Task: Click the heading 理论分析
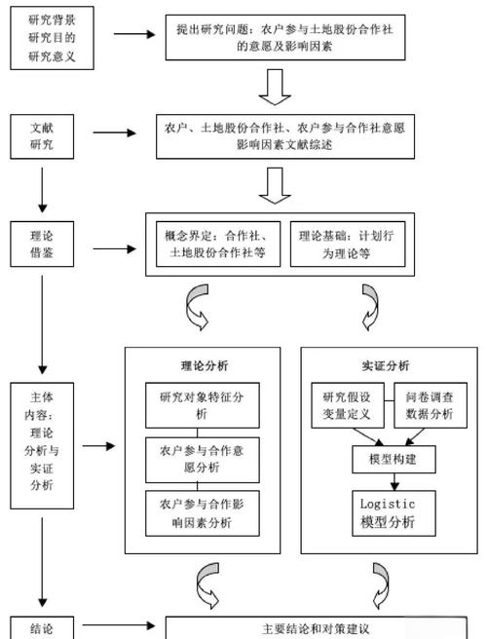(x=204, y=366)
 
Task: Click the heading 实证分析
(x=387, y=366)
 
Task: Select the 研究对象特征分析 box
(x=204, y=405)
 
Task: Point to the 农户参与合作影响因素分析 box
(x=204, y=513)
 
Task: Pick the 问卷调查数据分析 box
(x=430, y=405)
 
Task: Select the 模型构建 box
(x=388, y=459)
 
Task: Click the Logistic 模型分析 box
(x=388, y=513)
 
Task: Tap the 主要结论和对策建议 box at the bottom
(x=317, y=628)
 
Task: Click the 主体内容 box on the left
(x=42, y=444)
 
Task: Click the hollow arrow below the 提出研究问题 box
(x=275, y=86)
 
